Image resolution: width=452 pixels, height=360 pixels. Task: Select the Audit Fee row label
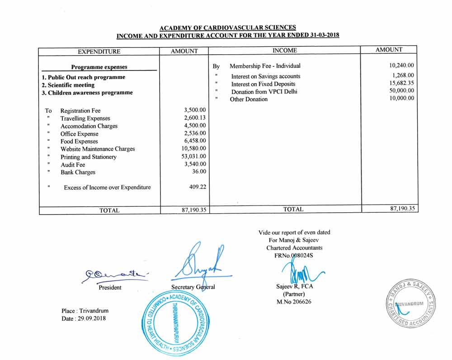tap(72, 165)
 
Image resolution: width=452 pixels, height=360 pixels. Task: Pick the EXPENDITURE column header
tap(99, 51)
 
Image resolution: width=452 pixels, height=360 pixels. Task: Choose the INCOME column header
tap(285, 50)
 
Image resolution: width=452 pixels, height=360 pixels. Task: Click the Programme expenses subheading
tap(99, 67)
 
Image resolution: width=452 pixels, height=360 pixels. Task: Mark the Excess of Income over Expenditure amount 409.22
tap(198, 187)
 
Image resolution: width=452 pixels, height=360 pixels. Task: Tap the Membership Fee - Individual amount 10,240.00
tap(399, 65)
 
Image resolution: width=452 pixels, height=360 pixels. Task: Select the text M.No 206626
tap(294, 302)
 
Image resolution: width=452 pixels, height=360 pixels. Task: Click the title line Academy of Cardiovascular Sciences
tap(228, 28)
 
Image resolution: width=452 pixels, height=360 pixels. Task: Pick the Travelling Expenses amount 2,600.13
tap(195, 118)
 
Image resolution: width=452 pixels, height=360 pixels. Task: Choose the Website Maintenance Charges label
tap(97, 149)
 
